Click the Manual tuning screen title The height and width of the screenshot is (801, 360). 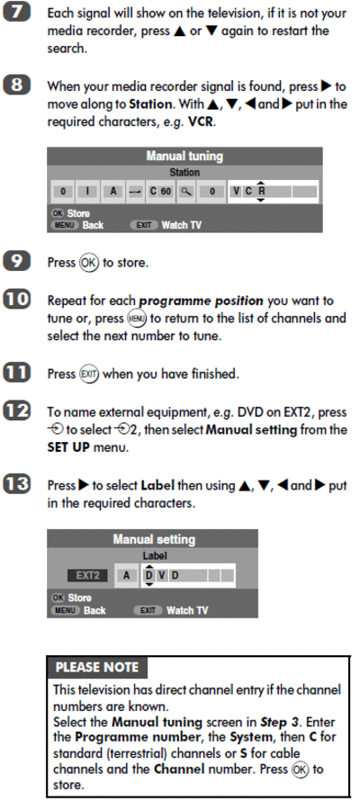pos(184,156)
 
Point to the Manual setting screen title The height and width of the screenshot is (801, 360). pos(154,539)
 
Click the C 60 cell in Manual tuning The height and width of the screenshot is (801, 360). pos(160,192)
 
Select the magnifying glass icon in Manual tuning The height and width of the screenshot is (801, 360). pos(187,192)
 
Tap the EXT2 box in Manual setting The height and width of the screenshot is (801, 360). pos(88,576)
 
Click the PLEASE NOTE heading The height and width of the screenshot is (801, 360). pos(96,667)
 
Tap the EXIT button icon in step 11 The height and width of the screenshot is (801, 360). pos(88,373)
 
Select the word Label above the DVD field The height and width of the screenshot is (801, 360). pos(155,555)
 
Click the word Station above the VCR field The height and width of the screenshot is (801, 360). pos(184,172)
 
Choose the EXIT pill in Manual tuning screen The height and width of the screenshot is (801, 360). pos(143,225)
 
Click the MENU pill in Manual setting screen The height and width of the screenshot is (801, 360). pos(65,610)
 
